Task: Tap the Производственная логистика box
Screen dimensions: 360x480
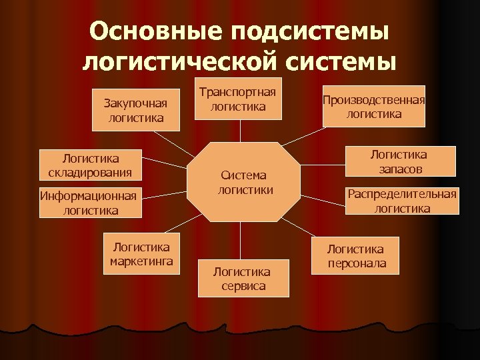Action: click(373, 107)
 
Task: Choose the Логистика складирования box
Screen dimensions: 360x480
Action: click(90, 165)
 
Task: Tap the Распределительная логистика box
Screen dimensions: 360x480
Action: click(401, 201)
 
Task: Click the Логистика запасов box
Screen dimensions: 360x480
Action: click(399, 162)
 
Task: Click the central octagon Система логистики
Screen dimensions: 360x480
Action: click(241, 182)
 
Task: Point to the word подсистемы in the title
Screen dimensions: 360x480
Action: click(313, 32)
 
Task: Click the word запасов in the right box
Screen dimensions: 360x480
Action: click(399, 169)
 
